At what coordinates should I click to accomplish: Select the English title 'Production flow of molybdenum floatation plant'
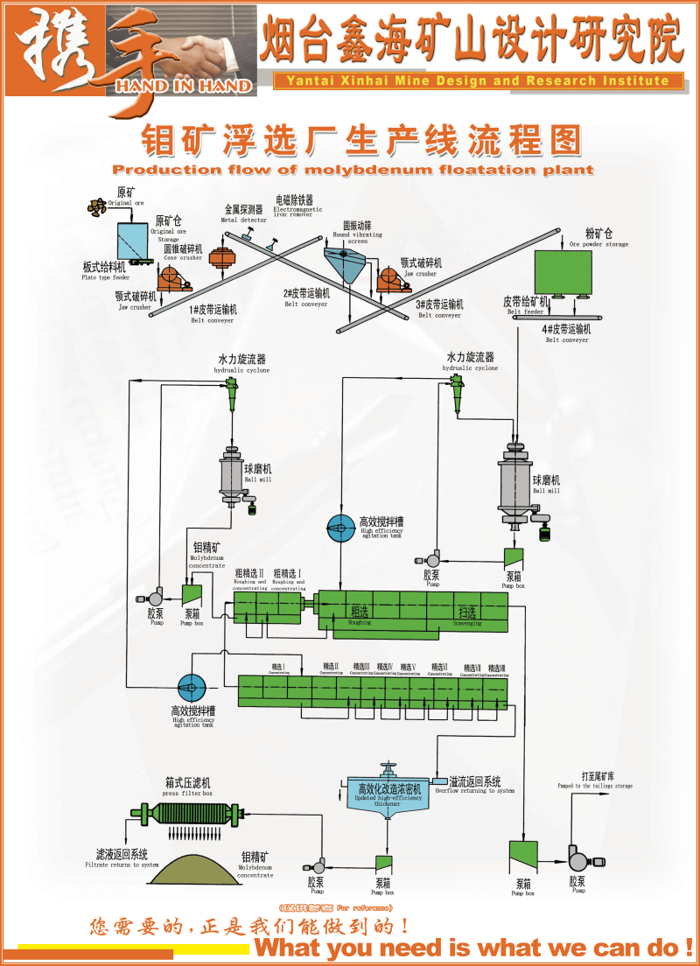[353, 170]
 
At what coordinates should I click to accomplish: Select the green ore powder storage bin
[563, 272]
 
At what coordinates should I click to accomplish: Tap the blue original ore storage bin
[132, 241]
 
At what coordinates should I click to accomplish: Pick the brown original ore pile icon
[96, 207]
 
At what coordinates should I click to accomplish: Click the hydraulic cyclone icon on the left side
[232, 397]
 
